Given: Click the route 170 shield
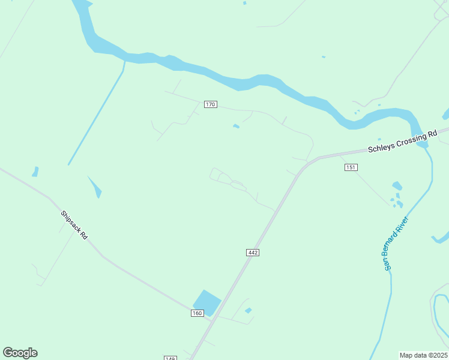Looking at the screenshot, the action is point(209,104).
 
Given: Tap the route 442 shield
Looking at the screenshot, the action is point(253,253).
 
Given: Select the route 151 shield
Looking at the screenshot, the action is point(351,167).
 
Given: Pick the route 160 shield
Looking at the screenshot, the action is point(197,313).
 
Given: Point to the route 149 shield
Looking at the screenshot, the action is point(170,358).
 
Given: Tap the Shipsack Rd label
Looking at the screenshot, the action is point(74,225).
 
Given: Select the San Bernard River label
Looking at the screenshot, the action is point(396,242).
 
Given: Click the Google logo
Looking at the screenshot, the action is point(20,353).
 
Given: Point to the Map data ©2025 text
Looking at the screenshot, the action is point(423,355).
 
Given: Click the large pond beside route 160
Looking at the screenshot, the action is point(206,302).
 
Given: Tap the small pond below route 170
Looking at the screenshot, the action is point(236,126).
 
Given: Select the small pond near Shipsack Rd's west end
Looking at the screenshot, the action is point(35,172).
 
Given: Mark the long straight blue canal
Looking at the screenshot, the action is point(96,114).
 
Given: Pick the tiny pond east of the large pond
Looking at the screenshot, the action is point(248,310).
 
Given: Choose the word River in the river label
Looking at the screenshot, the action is point(405,224).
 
